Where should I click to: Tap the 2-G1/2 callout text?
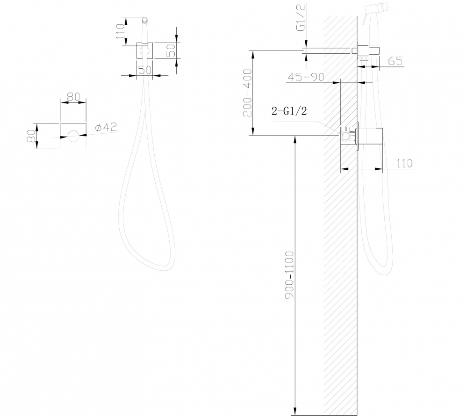(290, 111)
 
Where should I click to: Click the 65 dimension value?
(395, 61)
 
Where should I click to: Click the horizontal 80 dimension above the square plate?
(73, 97)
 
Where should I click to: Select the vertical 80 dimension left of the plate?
(31, 136)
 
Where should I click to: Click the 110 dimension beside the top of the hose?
(120, 31)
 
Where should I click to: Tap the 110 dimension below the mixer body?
(404, 163)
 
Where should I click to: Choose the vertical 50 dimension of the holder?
(172, 50)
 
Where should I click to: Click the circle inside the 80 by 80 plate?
(73, 137)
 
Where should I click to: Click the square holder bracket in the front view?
(144, 51)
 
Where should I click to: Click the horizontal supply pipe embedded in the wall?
(327, 51)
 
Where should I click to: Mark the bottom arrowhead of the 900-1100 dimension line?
(295, 413)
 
